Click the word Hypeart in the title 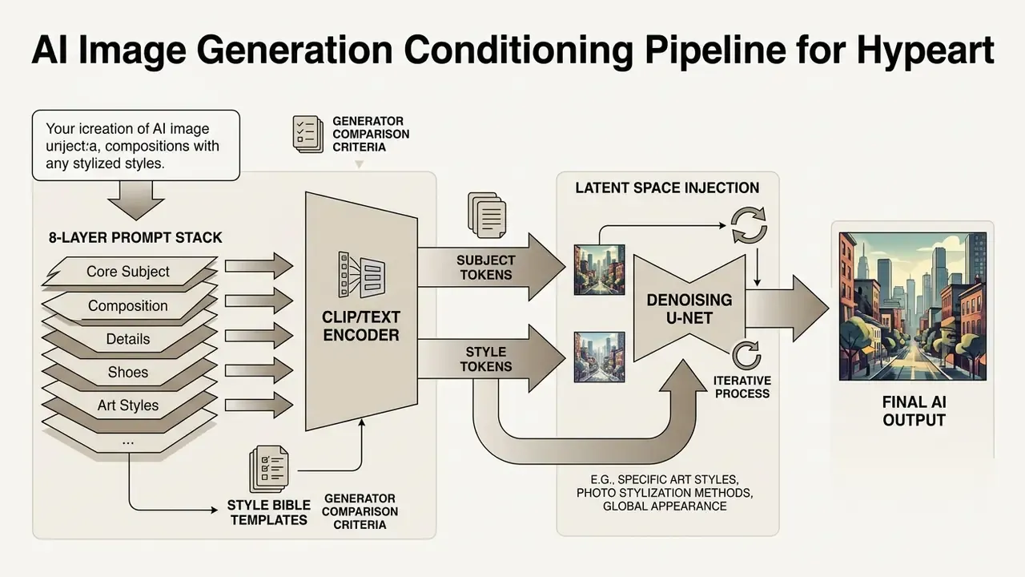pyautogui.click(x=925, y=50)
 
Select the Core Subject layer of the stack pyautogui.click(x=129, y=272)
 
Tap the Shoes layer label pyautogui.click(x=128, y=373)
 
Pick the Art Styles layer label pyautogui.click(x=128, y=406)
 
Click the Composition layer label pyautogui.click(x=128, y=305)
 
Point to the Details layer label pyautogui.click(x=128, y=339)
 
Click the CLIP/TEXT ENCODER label pyautogui.click(x=361, y=325)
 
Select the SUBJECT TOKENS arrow pyautogui.click(x=492, y=267)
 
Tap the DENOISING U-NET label pyautogui.click(x=689, y=309)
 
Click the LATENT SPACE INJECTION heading pyautogui.click(x=667, y=188)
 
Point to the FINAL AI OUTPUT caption pyautogui.click(x=914, y=411)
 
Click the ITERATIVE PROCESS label pyautogui.click(x=742, y=387)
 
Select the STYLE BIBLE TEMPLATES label pyautogui.click(x=269, y=512)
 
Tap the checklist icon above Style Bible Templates pyautogui.click(x=269, y=470)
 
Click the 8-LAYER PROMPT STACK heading pyautogui.click(x=135, y=238)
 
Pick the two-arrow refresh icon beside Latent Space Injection pyautogui.click(x=749, y=225)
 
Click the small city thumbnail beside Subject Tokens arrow pyautogui.click(x=600, y=270)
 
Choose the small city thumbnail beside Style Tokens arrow pyautogui.click(x=600, y=357)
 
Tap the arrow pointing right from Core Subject pyautogui.click(x=259, y=265)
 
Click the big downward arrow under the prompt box pyautogui.click(x=136, y=200)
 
